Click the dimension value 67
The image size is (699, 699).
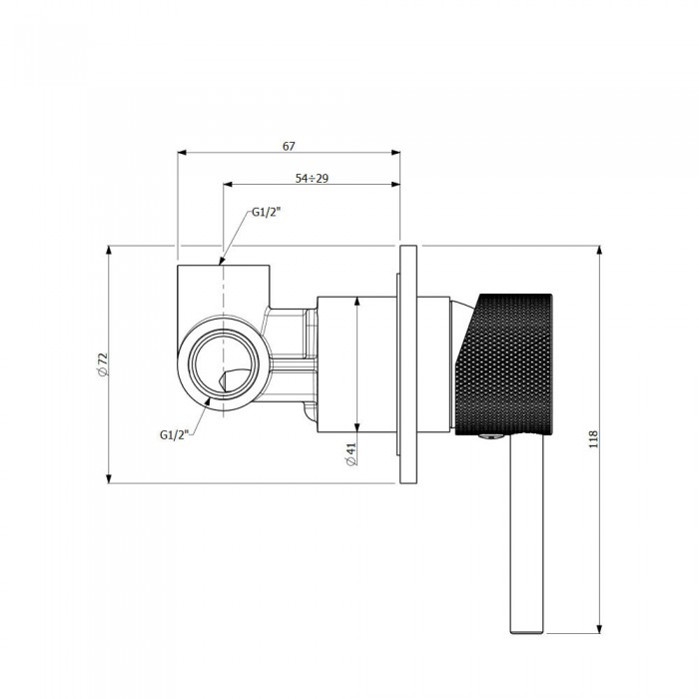click(289, 146)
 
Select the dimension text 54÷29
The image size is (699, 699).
click(312, 178)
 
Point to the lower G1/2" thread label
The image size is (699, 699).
click(175, 433)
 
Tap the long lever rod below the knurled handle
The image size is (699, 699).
click(528, 539)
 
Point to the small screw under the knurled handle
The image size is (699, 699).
click(486, 436)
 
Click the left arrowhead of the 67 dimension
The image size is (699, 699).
click(183, 153)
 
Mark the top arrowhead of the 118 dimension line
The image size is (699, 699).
click(599, 251)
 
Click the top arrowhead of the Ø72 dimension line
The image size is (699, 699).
click(109, 251)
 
